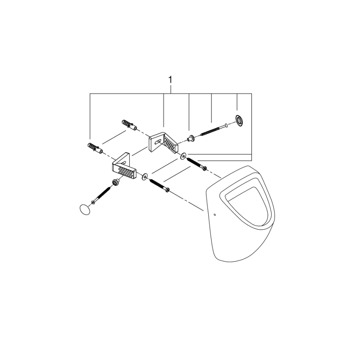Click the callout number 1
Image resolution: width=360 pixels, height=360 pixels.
[x=170, y=79]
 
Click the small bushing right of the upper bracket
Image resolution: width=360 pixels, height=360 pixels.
[x=192, y=138]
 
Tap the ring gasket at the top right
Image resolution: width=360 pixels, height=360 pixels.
[x=239, y=120]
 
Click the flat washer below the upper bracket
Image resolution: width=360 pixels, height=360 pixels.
[x=183, y=156]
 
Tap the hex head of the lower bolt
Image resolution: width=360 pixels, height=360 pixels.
[x=167, y=190]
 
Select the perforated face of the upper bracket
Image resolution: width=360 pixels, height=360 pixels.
[x=170, y=145]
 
